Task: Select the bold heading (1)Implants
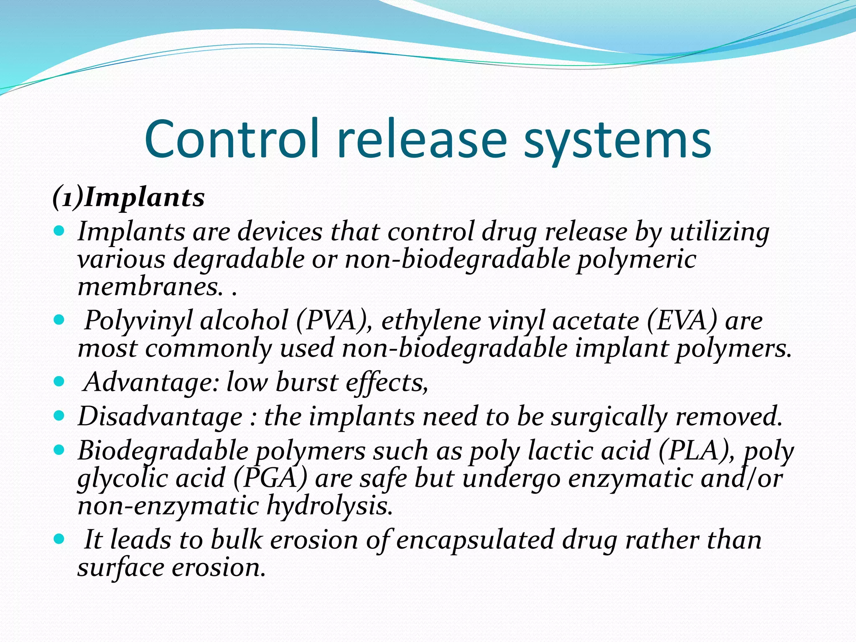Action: click(x=128, y=197)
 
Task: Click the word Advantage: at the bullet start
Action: click(x=151, y=382)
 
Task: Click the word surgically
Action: click(x=608, y=417)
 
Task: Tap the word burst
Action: click(x=306, y=382)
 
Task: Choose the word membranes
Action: click(x=149, y=287)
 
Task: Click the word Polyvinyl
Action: click(x=138, y=321)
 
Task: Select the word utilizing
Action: click(x=719, y=232)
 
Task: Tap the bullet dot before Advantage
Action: click(x=60, y=381)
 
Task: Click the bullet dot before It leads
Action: click(x=60, y=538)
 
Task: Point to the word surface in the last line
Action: click(x=120, y=568)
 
